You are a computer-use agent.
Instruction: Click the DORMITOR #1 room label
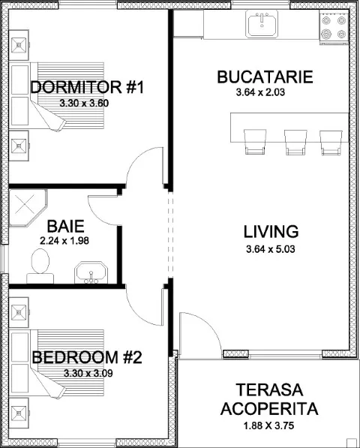pos(87,87)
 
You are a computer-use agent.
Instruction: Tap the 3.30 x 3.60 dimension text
pos(84,103)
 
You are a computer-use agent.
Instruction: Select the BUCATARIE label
pos(265,77)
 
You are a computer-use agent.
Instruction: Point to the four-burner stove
pos(334,28)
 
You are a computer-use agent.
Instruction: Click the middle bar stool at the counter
pos(295,142)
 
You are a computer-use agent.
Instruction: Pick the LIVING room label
pos(271,232)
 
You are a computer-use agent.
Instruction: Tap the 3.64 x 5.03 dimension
pos(270,249)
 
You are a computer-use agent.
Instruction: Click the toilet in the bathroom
pos(40,266)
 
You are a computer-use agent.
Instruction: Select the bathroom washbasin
pos(91,272)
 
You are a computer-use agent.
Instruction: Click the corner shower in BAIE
pos(28,208)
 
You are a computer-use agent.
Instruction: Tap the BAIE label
pos(66,227)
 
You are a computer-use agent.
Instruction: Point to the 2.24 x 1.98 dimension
pos(64,241)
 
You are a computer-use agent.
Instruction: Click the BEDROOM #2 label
pos(87,357)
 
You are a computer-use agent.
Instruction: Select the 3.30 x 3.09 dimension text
pos(88,373)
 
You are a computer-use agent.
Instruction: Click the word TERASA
pos(269,390)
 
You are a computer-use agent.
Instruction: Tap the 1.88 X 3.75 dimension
pos(268,426)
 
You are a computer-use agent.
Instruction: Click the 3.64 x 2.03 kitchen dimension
pos(260,92)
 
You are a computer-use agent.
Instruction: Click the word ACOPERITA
pos(269,409)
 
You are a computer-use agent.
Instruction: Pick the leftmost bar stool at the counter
pos(255,142)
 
